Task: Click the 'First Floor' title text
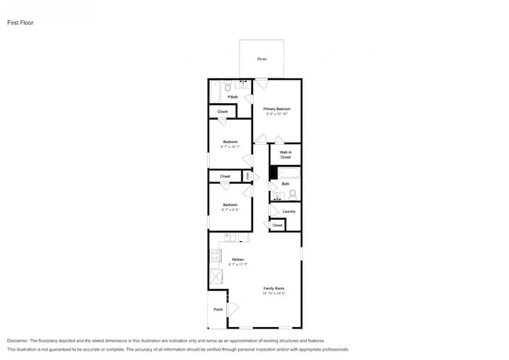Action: (20, 23)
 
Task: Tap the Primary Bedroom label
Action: (277, 109)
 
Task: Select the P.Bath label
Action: (233, 97)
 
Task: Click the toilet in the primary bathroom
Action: (228, 88)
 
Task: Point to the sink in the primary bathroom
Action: (242, 84)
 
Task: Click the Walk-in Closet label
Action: (285, 154)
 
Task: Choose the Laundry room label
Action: (288, 211)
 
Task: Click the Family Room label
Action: (273, 289)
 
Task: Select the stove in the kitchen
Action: (214, 256)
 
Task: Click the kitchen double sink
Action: (229, 237)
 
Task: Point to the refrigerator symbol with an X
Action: (215, 275)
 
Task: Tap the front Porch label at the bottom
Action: (218, 309)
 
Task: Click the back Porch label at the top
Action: (262, 59)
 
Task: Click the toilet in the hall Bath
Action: (293, 193)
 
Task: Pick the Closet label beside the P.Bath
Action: (222, 112)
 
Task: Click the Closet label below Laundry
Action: (277, 225)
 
